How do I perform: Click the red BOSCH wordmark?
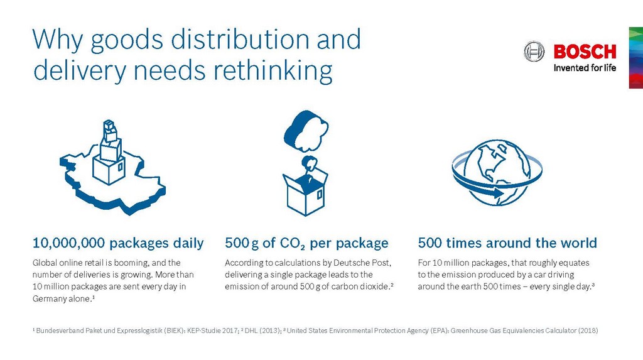tap(585, 52)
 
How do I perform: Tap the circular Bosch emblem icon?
tap(534, 52)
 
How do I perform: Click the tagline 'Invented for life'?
tap(585, 68)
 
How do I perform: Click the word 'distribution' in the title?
tap(239, 40)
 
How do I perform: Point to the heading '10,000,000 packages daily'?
tap(118, 243)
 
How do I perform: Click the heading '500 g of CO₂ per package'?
tap(306, 243)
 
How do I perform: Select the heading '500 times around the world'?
tap(507, 243)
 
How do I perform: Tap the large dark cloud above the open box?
tap(306, 131)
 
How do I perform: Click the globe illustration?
tap(497, 172)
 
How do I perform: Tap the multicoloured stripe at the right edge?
tap(635, 57)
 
